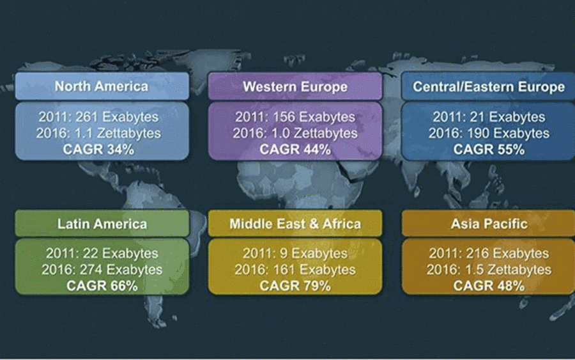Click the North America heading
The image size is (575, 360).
(x=102, y=86)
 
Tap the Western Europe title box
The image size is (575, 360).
(x=295, y=86)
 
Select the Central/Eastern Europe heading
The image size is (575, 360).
(x=489, y=86)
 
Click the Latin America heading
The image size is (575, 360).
(x=102, y=224)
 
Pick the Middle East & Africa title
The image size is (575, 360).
(x=295, y=224)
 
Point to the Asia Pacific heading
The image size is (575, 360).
(x=489, y=224)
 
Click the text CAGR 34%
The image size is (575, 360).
(x=98, y=150)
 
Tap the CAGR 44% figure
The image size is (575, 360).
(x=295, y=150)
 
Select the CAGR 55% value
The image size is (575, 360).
(x=489, y=150)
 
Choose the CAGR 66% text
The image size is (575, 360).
(x=102, y=285)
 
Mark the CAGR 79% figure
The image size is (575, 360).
(x=295, y=285)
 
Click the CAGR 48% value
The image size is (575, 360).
(x=489, y=285)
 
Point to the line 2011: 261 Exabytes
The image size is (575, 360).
(x=98, y=117)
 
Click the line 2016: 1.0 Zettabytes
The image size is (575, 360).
(x=295, y=133)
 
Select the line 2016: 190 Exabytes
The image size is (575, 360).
(x=489, y=133)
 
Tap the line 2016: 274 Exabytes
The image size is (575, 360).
(x=102, y=270)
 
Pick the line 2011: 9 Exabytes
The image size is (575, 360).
(x=295, y=254)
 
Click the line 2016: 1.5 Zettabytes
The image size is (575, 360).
(x=489, y=270)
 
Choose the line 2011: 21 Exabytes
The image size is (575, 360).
(x=489, y=117)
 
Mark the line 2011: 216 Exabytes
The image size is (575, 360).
(x=489, y=254)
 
